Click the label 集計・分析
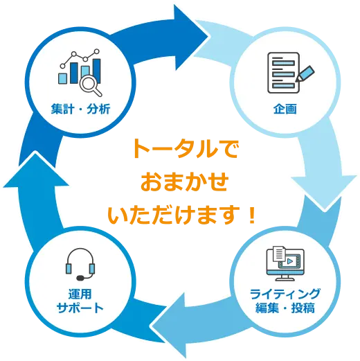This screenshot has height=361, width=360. (80, 109)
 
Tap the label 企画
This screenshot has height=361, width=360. (285, 109)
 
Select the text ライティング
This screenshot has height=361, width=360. (285, 294)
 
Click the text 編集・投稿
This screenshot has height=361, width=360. (285, 308)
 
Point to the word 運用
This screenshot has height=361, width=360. (80, 294)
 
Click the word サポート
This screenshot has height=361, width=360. (80, 308)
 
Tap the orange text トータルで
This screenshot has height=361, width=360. (186, 148)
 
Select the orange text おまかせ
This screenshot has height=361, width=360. (185, 182)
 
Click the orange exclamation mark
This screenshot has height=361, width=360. (251, 215)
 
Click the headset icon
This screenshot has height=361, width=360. (80, 264)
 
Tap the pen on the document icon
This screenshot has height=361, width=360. (305, 73)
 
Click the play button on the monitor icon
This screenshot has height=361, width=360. (290, 261)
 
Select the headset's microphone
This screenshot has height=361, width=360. (80, 278)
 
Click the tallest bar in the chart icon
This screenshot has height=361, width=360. (96, 71)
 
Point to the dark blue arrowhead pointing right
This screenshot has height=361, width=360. (192, 37)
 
